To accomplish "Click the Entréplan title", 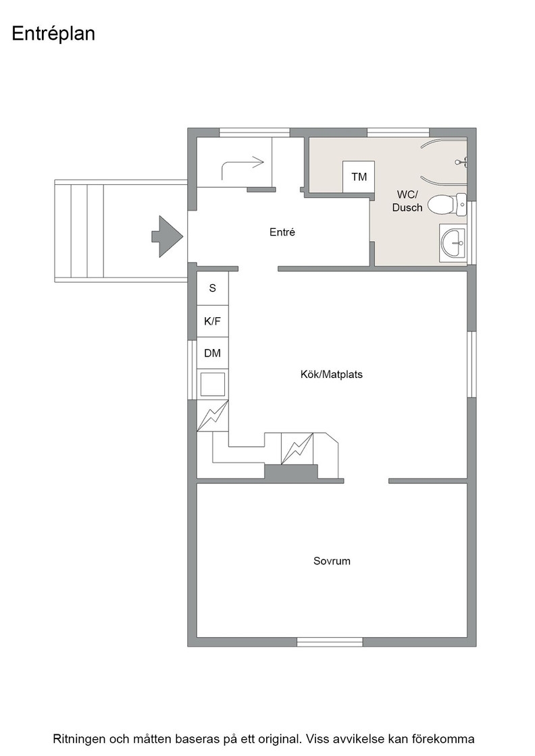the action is click(53, 34).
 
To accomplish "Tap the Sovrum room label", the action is click(332, 561).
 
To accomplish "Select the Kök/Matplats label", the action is click(332, 374).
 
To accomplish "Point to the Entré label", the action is click(282, 232).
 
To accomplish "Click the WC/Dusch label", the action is click(407, 201).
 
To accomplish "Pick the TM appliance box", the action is click(359, 176).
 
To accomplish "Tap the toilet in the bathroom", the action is click(447, 205).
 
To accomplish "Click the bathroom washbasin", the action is click(453, 242).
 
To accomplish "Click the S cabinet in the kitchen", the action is click(212, 288).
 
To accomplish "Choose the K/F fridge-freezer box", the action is click(212, 321).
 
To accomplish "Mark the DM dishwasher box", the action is click(212, 354).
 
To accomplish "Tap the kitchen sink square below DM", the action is click(212, 384).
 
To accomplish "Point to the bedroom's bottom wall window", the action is click(330, 642).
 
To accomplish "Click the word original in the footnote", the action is click(280, 739).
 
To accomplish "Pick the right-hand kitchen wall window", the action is click(472, 364).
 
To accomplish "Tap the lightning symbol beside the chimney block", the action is click(297, 449).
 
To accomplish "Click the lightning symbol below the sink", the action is click(212, 416).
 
